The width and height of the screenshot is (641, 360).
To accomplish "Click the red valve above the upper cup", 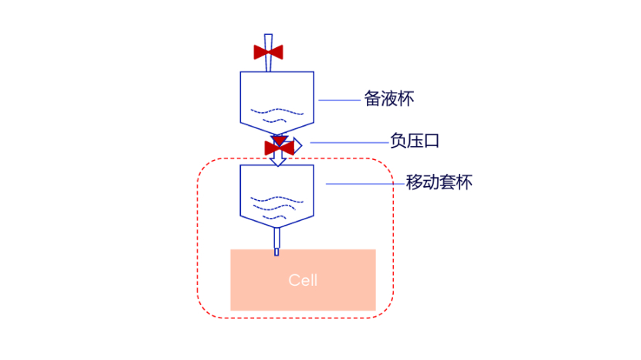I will (269, 53).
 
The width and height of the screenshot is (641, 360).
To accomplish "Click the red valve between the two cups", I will (278, 147).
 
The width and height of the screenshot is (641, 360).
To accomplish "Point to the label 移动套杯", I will (439, 184).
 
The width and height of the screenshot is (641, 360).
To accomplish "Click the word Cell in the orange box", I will (303, 280).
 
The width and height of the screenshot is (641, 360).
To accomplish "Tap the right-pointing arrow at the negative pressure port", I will (297, 143).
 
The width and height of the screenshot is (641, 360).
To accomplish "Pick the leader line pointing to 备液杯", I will (339, 100).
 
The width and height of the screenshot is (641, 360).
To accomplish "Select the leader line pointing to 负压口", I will (348, 142).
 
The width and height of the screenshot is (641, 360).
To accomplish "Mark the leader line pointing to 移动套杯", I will (364, 184).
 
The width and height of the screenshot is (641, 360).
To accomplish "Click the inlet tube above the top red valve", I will (269, 39).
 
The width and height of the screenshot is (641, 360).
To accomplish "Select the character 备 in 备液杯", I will (372, 100).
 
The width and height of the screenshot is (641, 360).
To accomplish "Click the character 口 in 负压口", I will (433, 141).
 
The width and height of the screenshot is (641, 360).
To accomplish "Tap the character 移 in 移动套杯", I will (414, 184).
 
